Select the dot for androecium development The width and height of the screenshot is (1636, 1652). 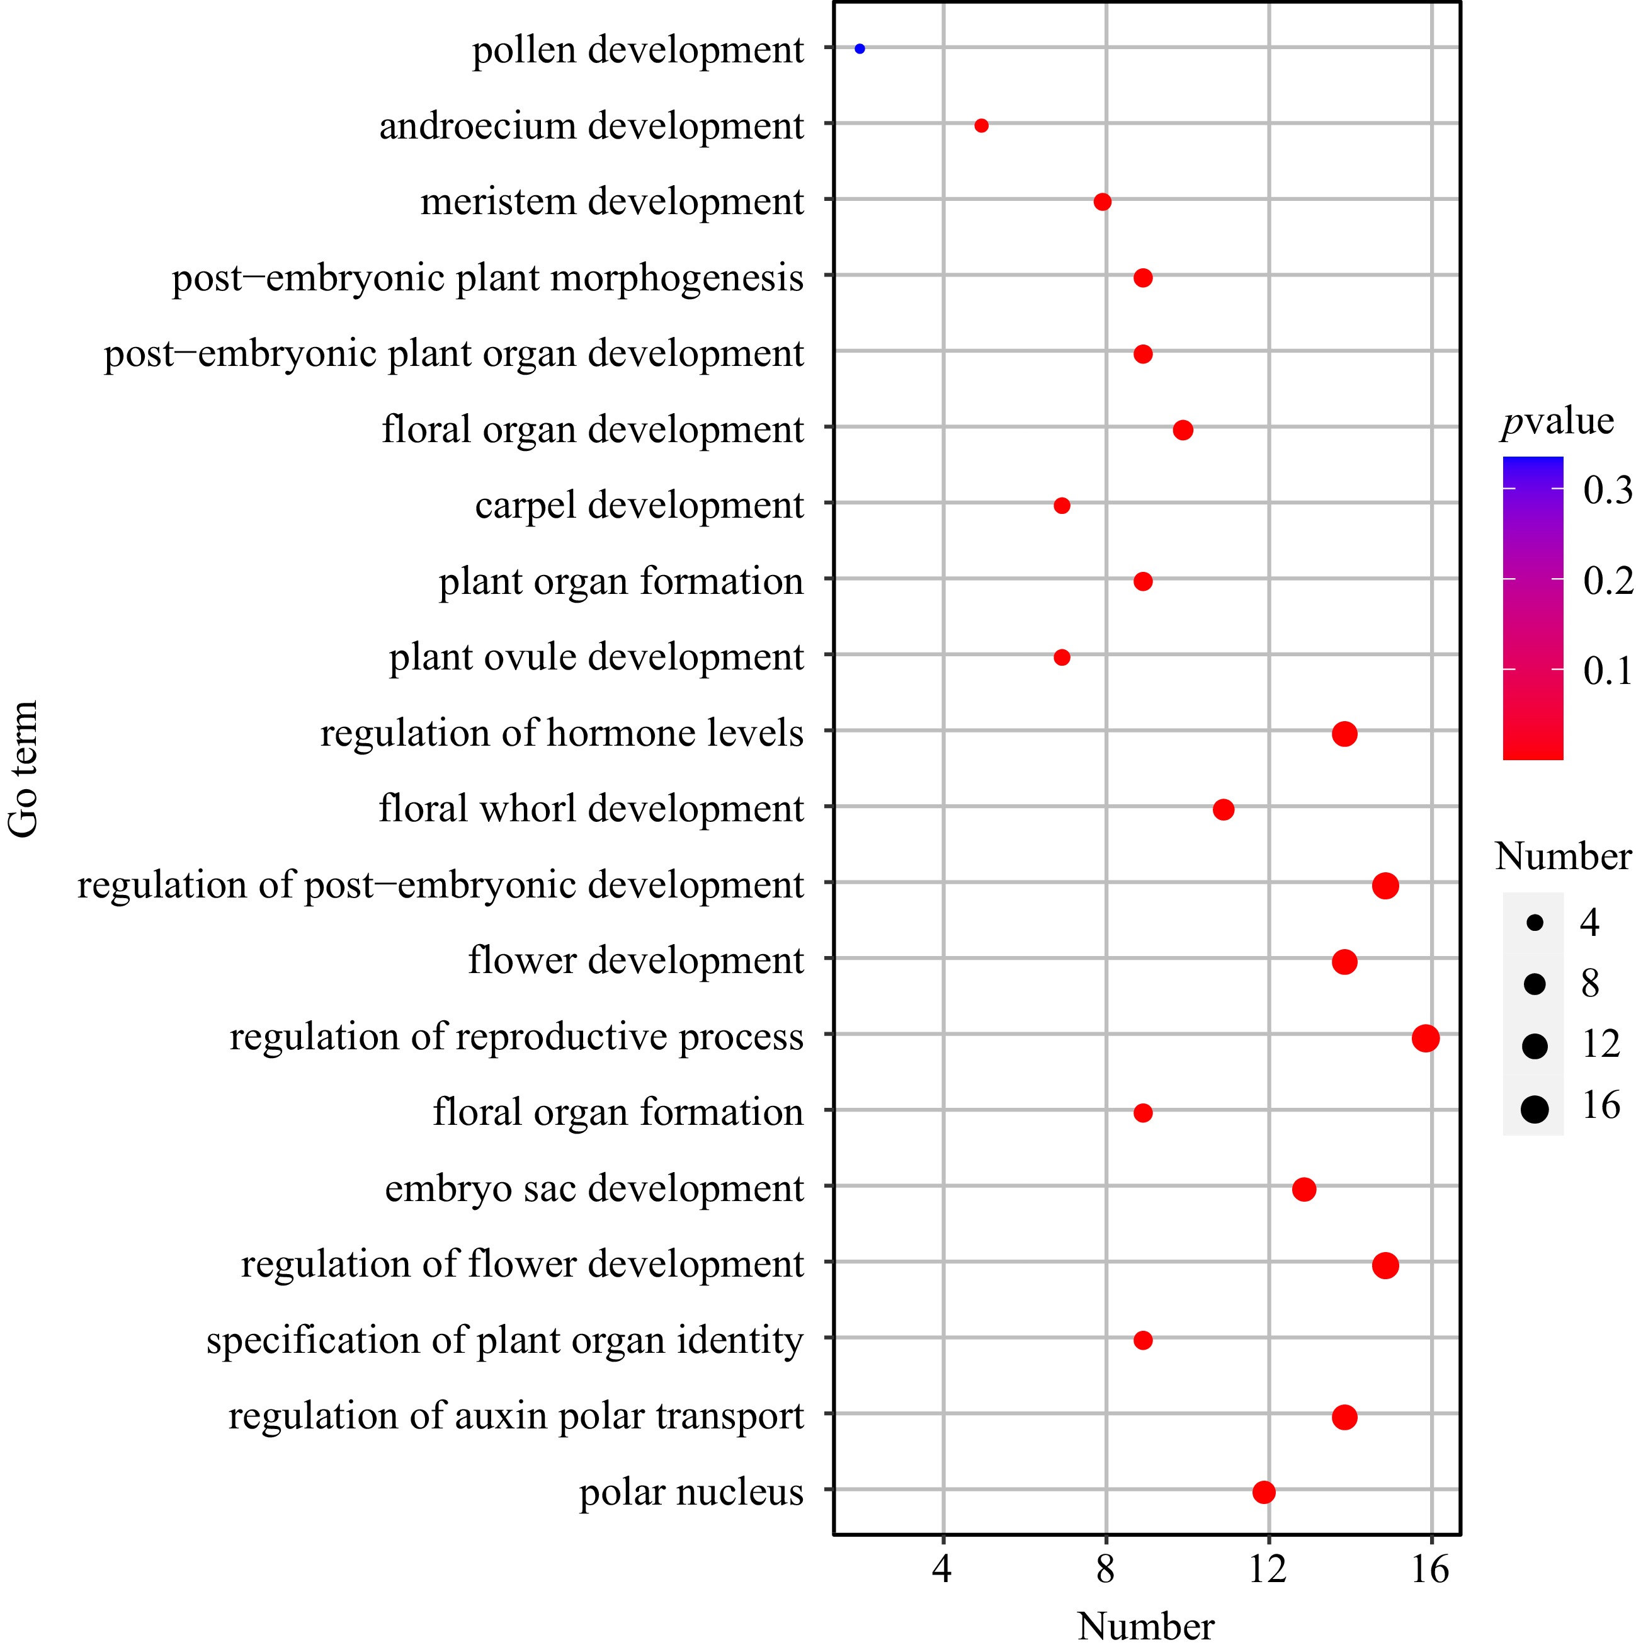981,126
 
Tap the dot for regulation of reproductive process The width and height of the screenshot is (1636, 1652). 1426,1038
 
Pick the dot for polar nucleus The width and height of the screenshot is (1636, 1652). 1264,1492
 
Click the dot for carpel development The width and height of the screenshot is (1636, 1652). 1062,505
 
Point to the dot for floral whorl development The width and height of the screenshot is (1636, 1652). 1223,809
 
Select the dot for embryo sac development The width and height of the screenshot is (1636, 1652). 1304,1190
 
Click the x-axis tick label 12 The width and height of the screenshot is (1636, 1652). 1268,1569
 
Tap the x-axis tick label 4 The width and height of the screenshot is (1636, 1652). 942,1569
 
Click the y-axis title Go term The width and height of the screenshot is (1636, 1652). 24,769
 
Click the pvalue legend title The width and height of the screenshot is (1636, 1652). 1557,421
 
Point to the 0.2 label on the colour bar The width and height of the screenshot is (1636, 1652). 1607,581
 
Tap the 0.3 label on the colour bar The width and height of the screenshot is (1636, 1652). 1607,490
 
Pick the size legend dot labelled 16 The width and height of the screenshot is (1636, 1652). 1535,1110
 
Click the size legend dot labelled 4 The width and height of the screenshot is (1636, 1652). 1535,923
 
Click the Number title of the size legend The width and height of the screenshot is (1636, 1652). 1562,856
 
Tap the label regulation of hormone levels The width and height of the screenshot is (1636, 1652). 562,734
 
